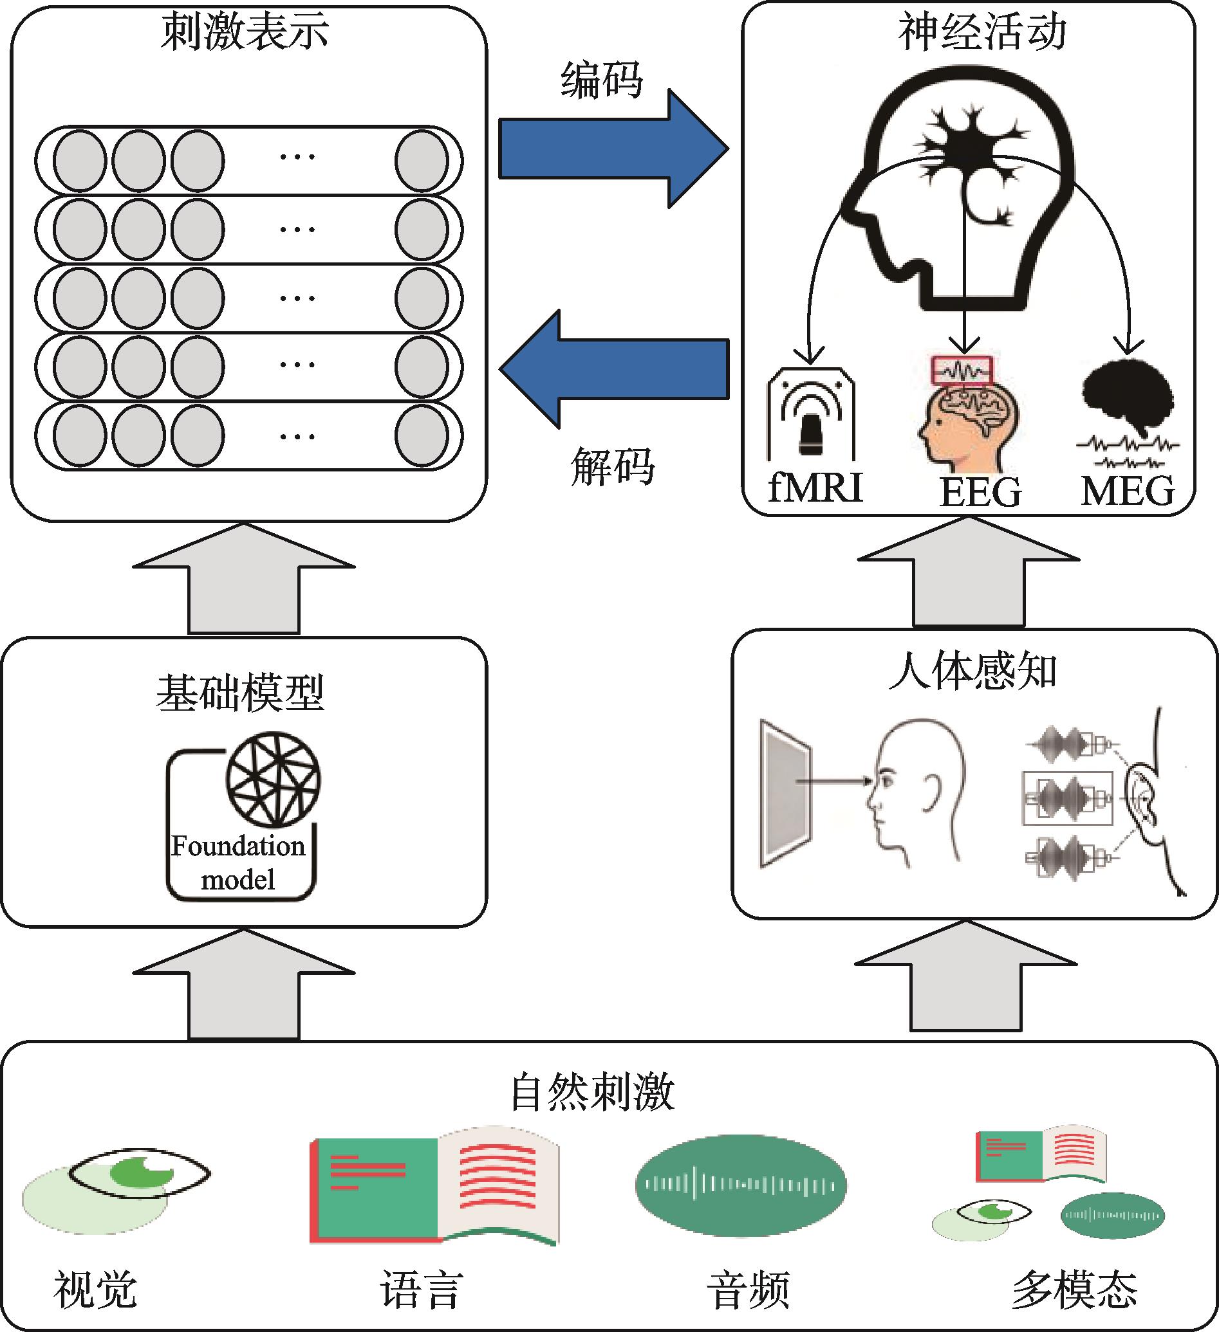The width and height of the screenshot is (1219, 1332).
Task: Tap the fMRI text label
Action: point(815,488)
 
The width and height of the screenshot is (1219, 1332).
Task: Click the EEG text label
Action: point(980,492)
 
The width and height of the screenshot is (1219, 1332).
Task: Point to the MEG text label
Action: point(1128,491)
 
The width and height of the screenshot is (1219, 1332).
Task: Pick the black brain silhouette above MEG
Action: point(1128,396)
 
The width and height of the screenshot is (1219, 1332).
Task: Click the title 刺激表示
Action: point(245,32)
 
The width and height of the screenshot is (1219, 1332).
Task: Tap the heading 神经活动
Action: point(982,32)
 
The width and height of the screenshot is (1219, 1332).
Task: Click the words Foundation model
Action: point(239,862)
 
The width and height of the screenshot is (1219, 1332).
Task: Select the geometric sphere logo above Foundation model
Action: point(274,779)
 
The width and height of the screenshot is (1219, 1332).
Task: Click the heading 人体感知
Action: point(972,671)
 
